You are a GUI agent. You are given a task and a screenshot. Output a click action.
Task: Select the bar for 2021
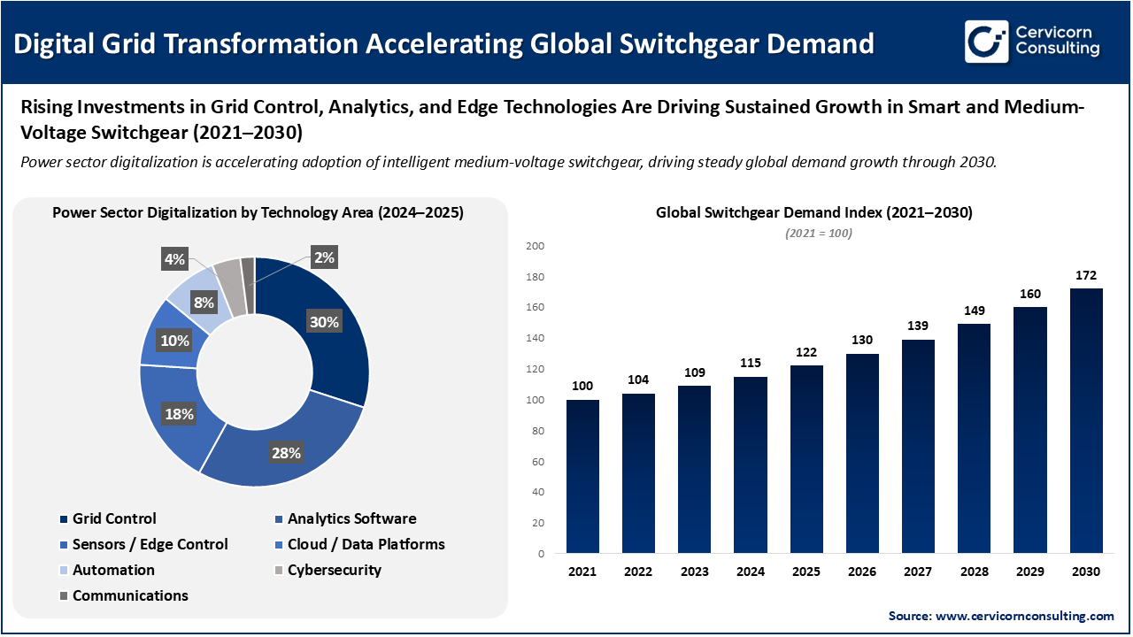(x=582, y=477)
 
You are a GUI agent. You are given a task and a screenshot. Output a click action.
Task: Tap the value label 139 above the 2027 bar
(x=918, y=326)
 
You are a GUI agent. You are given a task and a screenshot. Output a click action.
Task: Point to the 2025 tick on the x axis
(x=806, y=572)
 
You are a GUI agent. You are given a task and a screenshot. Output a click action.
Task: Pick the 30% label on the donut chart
(x=323, y=322)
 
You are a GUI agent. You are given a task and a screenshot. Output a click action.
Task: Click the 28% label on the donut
(x=286, y=453)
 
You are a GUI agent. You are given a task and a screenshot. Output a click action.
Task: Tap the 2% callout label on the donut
(x=324, y=257)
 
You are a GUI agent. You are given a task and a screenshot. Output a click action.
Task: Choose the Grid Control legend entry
(x=114, y=518)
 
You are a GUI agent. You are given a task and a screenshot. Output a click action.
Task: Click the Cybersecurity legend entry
(x=334, y=570)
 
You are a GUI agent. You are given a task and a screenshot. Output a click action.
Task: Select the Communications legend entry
(x=130, y=595)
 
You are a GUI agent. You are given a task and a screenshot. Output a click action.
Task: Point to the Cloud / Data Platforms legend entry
(x=366, y=544)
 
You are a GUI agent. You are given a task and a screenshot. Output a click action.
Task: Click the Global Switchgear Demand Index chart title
(x=813, y=213)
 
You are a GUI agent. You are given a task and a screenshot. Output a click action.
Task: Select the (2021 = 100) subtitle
(x=818, y=233)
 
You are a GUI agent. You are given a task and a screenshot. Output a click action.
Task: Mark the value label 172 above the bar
(x=1086, y=275)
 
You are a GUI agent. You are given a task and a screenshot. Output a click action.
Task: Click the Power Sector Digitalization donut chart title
(x=258, y=213)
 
